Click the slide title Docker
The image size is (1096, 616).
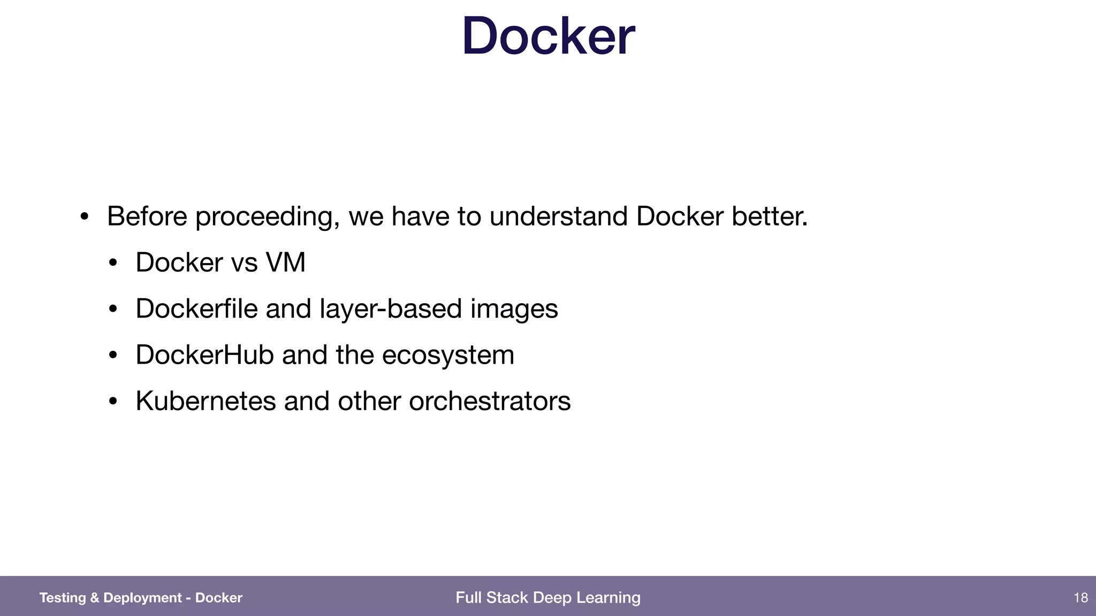[x=548, y=36]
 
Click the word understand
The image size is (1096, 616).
[x=558, y=217]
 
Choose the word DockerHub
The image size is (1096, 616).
[x=204, y=355]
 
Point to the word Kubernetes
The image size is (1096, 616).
[x=205, y=401]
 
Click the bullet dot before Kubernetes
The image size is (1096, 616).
[x=112, y=402]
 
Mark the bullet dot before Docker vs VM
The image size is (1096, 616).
[x=112, y=263]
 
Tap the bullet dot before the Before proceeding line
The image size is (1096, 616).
[x=84, y=217]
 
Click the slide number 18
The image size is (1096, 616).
[x=1080, y=598]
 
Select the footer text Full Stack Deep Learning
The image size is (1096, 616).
[x=548, y=598]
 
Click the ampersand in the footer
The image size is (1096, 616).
[x=95, y=598]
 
